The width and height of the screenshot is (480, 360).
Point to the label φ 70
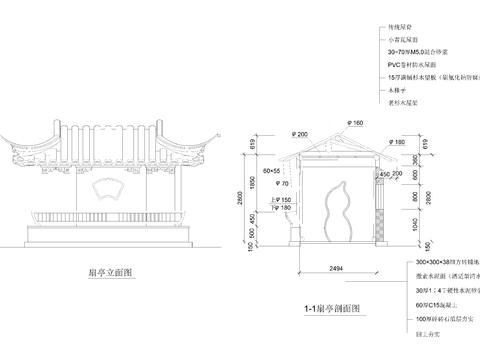283,184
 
